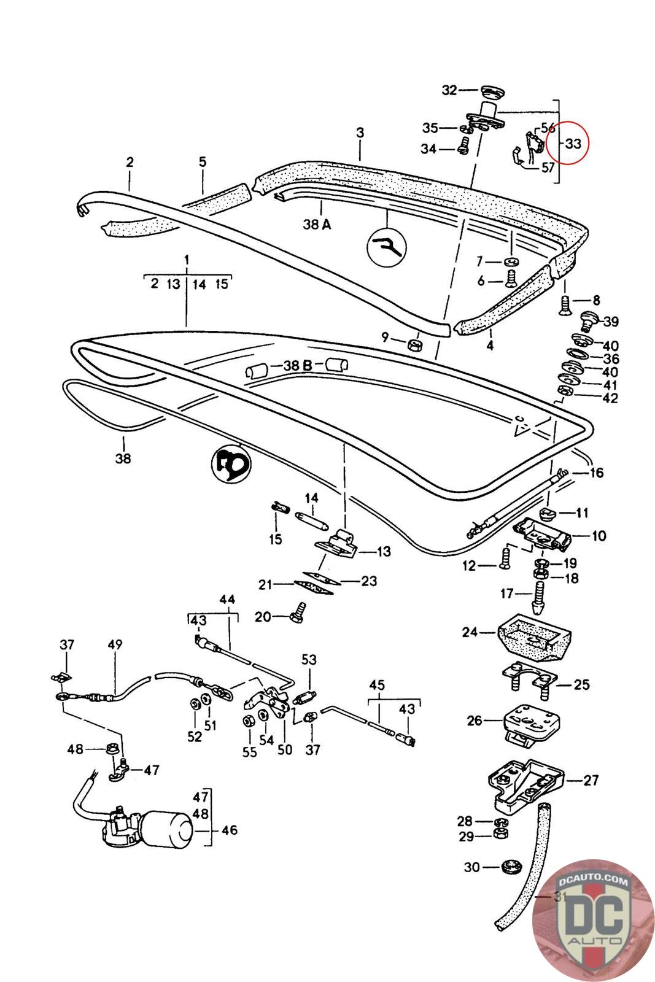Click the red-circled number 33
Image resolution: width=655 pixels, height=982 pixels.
(x=572, y=144)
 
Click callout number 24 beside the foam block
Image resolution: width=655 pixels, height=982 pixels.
(x=470, y=631)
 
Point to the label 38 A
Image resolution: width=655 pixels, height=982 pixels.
(x=317, y=225)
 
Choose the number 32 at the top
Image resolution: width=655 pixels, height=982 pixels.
(x=450, y=90)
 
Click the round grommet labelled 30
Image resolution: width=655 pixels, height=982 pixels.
(x=508, y=868)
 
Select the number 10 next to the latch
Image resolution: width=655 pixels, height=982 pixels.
(x=599, y=535)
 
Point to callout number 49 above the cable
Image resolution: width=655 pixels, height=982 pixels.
(x=115, y=644)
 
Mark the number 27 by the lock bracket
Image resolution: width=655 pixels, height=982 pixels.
(x=591, y=781)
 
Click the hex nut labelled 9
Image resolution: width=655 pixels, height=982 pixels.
(x=414, y=342)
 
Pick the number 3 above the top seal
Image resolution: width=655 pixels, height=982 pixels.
(x=360, y=132)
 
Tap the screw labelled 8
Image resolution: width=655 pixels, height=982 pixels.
(x=565, y=303)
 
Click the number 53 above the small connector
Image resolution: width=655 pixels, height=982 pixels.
(x=309, y=660)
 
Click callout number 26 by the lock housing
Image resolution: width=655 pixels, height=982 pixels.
(x=475, y=720)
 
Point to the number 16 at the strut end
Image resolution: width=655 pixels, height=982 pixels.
(x=596, y=473)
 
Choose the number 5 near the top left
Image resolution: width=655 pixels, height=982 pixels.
(x=203, y=162)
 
